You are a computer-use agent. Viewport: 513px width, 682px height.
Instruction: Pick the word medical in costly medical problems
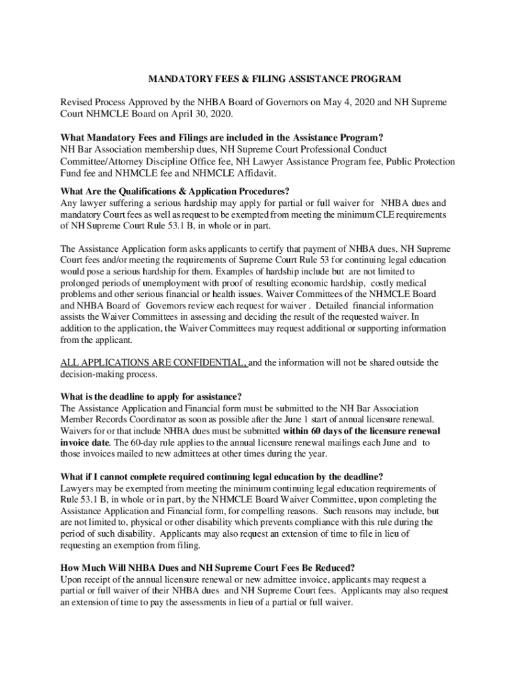point(418,283)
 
